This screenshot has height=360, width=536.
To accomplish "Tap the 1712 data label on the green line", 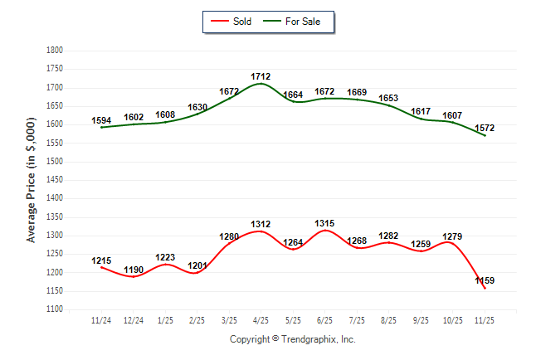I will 261,76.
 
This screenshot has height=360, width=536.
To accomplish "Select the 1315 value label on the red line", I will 324,224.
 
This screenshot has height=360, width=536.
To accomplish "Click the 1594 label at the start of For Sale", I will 101,120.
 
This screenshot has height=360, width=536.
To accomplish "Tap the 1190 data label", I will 133,270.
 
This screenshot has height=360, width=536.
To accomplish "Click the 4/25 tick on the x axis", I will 261,320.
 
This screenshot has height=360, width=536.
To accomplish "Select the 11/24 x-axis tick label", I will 100,320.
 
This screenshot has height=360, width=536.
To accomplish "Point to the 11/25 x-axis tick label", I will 484,320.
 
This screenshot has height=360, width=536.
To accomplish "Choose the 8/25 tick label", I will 388,320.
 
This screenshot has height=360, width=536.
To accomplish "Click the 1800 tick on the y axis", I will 55,51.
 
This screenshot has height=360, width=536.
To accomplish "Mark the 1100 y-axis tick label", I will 55,309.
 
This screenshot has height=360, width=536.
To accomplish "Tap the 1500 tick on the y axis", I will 55,162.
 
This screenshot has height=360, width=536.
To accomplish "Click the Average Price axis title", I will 32,180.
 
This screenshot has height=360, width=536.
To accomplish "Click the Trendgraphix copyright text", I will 292,339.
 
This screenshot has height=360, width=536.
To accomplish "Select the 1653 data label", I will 388,99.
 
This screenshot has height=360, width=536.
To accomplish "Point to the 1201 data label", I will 197,265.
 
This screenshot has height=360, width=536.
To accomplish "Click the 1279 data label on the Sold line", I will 452,236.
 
